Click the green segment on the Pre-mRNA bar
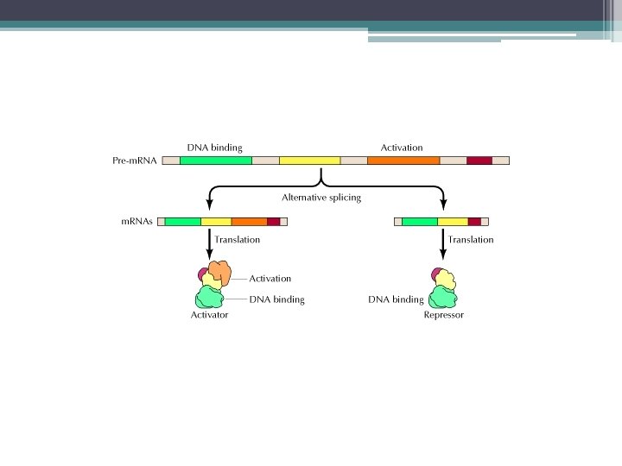pyautogui.click(x=216, y=161)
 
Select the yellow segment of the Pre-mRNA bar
pyautogui.click(x=309, y=161)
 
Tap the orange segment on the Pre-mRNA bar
pyautogui.click(x=403, y=161)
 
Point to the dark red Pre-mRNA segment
pyautogui.click(x=479, y=161)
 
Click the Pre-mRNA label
pyautogui.click(x=135, y=161)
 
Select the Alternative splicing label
pyautogui.click(x=321, y=198)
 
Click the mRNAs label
pyautogui.click(x=136, y=222)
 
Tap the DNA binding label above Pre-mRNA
pyautogui.click(x=215, y=148)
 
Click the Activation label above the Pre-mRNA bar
pyautogui.click(x=402, y=148)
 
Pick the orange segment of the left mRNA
pyautogui.click(x=249, y=222)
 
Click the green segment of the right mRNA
pyautogui.click(x=420, y=222)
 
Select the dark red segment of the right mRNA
pyautogui.click(x=474, y=222)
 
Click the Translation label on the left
pyautogui.click(x=237, y=240)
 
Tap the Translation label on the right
pyautogui.click(x=471, y=240)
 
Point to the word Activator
pyautogui.click(x=209, y=316)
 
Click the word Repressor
pyautogui.click(x=444, y=316)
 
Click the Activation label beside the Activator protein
pyautogui.click(x=270, y=279)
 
